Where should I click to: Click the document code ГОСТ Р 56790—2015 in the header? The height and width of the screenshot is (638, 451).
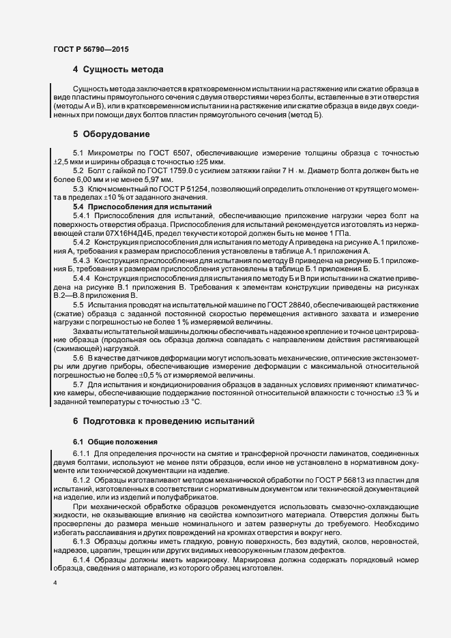pos(90,49)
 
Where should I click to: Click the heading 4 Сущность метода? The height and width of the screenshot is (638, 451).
pos(117,70)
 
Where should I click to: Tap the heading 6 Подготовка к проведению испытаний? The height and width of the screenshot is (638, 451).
pos(164,422)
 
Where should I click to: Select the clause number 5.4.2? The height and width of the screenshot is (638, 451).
pos(81,242)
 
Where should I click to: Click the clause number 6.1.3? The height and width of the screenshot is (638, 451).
pos(81,541)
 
